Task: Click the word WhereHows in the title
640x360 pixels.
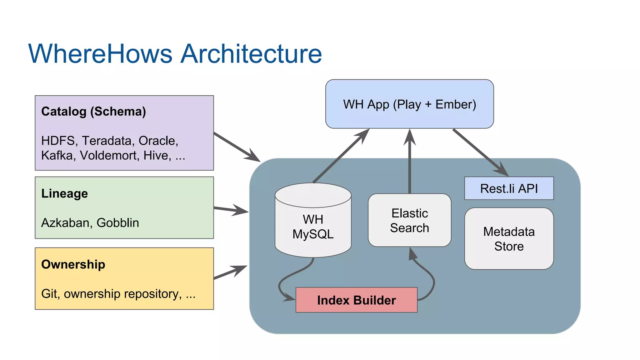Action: tap(100, 54)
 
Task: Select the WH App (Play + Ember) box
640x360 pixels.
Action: tap(409, 104)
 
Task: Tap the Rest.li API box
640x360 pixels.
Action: tap(509, 188)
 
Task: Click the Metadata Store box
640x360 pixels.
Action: tap(509, 239)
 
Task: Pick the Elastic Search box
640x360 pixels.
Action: tap(409, 220)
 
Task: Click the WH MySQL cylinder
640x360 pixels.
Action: tap(313, 227)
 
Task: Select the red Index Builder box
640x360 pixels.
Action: tap(356, 300)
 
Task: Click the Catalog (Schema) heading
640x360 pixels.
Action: tap(93, 112)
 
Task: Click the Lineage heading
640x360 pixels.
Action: tap(64, 194)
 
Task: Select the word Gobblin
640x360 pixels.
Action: tap(117, 223)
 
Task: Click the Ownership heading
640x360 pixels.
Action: tap(73, 265)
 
